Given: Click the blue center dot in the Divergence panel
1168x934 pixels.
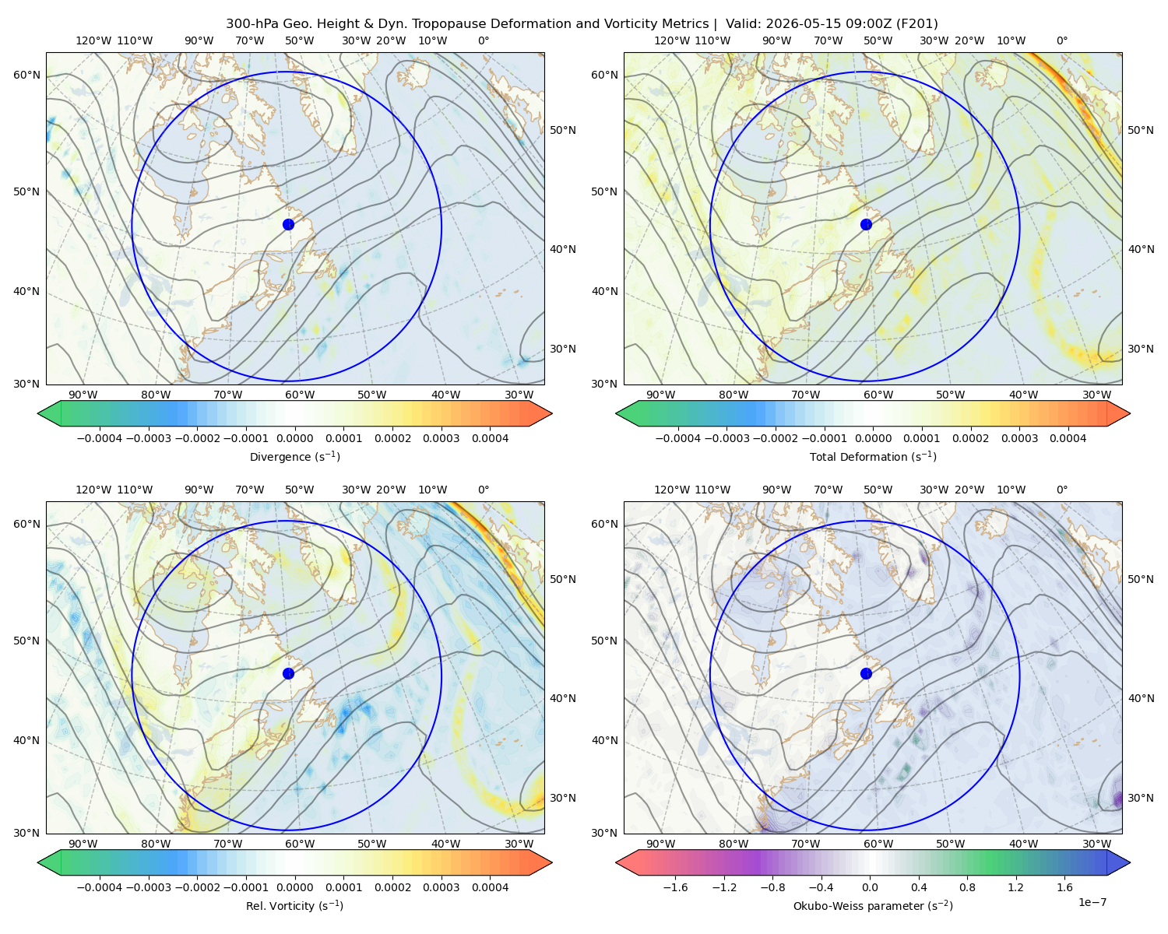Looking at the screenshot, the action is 288,224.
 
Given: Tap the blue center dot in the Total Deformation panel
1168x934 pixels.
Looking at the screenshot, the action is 866,224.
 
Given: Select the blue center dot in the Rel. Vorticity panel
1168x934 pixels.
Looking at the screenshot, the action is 288,673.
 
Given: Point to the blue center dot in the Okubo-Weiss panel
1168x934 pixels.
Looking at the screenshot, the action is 866,673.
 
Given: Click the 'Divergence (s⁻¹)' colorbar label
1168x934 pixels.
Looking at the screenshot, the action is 294,456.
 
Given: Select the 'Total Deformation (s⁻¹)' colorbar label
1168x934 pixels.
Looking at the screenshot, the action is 873,456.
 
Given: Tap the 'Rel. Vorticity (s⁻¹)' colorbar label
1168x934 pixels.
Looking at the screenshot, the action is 294,905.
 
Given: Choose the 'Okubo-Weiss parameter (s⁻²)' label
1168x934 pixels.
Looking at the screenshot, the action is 873,905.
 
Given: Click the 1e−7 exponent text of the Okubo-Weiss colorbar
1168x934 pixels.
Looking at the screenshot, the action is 1092,902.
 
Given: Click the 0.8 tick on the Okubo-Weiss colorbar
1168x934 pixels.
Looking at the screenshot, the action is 967,887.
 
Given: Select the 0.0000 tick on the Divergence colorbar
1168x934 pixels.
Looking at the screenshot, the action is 294,438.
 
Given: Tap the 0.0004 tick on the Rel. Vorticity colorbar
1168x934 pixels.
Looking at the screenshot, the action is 490,887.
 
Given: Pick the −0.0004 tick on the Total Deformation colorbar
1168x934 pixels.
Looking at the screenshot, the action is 678,438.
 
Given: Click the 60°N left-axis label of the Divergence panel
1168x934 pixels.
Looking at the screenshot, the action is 26,75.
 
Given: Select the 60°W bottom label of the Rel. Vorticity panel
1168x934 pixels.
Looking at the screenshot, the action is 300,844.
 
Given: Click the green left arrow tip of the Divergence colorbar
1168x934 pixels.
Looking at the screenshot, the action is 38,413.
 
